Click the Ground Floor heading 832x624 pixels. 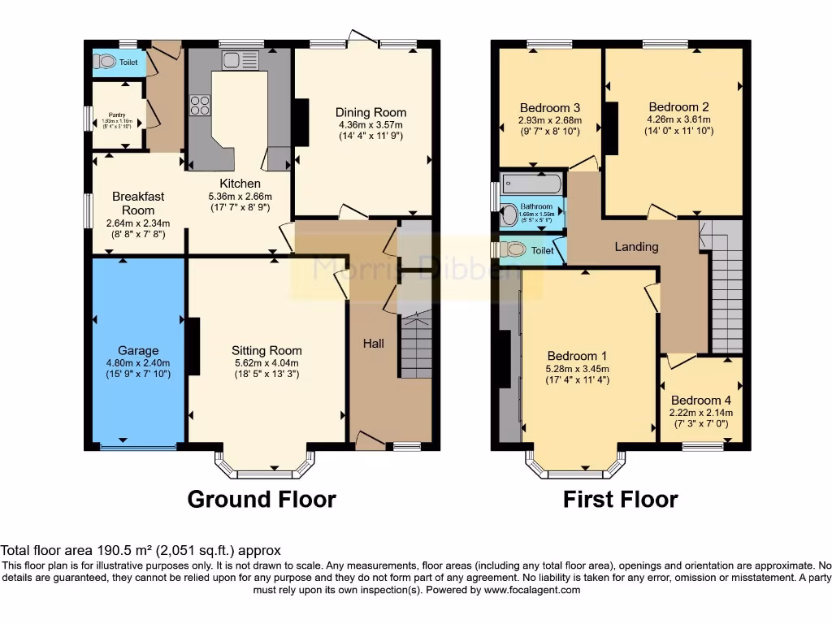pos(262,498)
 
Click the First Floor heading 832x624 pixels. pos(620,498)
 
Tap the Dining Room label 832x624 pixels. pos(370,112)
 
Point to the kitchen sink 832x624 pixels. pos(230,58)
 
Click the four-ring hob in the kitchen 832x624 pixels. pos(199,105)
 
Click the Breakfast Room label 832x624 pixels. pos(138,203)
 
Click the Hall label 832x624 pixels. pos(373,344)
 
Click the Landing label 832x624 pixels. pos(636,246)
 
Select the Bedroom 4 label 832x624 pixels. pos(695,400)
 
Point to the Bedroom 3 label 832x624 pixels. pos(550,107)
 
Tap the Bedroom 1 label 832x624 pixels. pos(577,356)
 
